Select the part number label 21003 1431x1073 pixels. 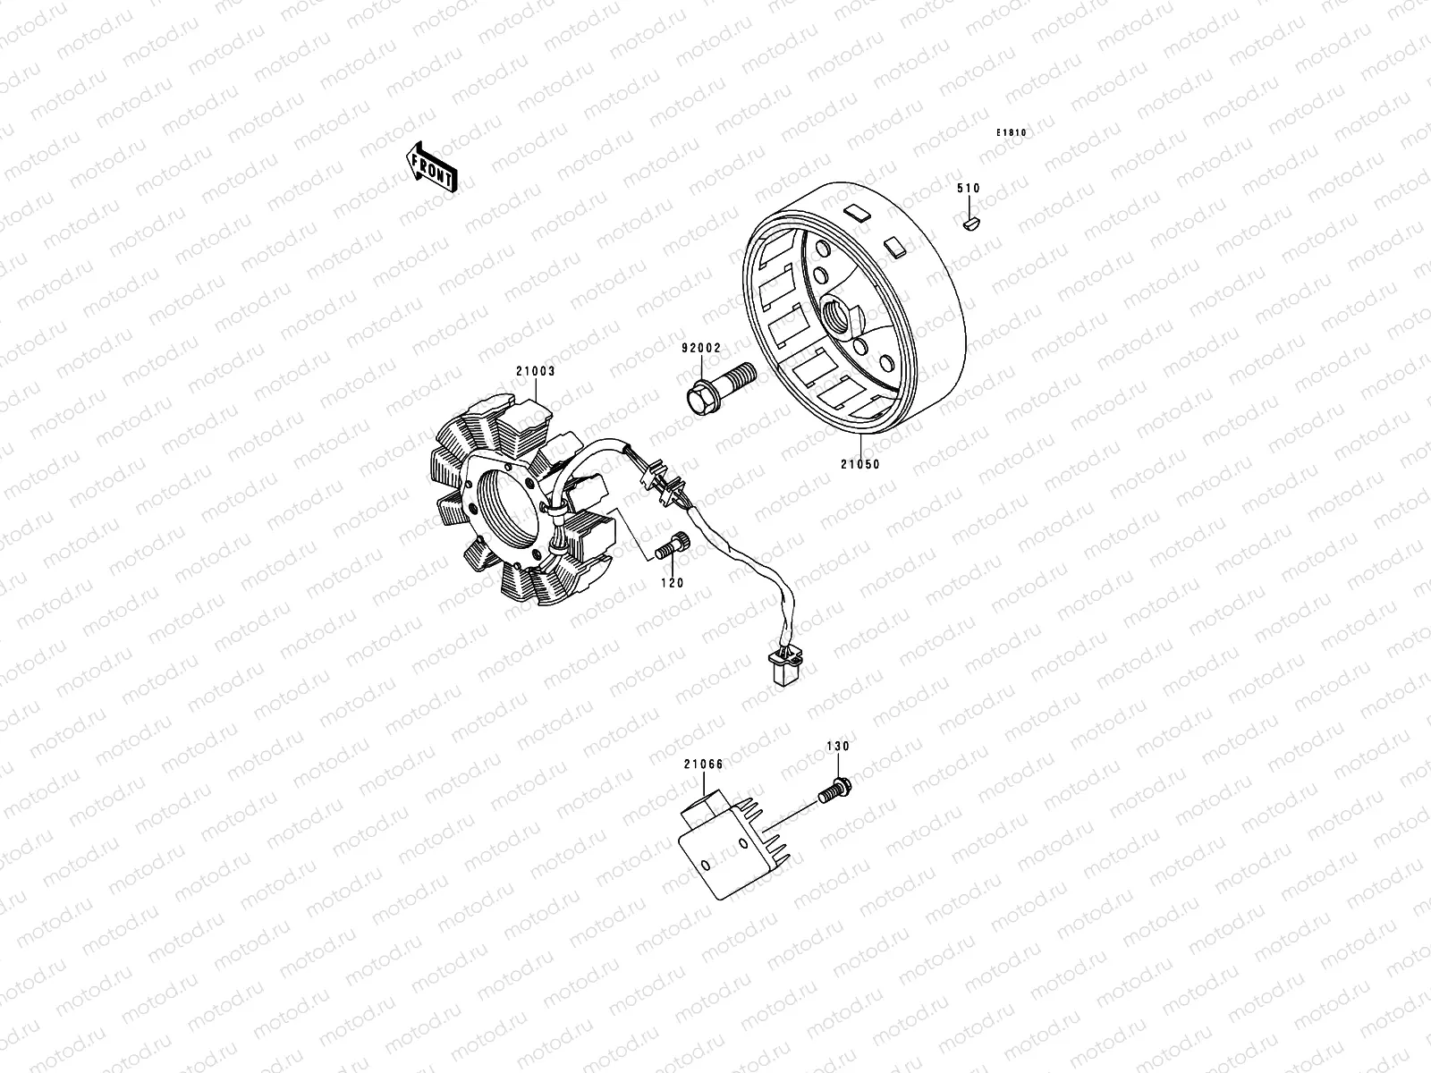(536, 370)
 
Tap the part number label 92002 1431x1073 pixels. (699, 347)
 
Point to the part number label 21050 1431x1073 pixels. (859, 464)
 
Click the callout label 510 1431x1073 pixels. (968, 189)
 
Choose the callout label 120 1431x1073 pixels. (672, 582)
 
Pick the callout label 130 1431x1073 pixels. (838, 746)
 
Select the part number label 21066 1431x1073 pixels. (703, 765)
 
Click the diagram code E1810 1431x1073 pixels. (1012, 133)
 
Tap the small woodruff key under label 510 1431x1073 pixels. (971, 222)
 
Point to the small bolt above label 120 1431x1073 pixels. (669, 546)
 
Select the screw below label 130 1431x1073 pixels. (835, 789)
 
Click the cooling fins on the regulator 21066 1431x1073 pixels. (770, 832)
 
